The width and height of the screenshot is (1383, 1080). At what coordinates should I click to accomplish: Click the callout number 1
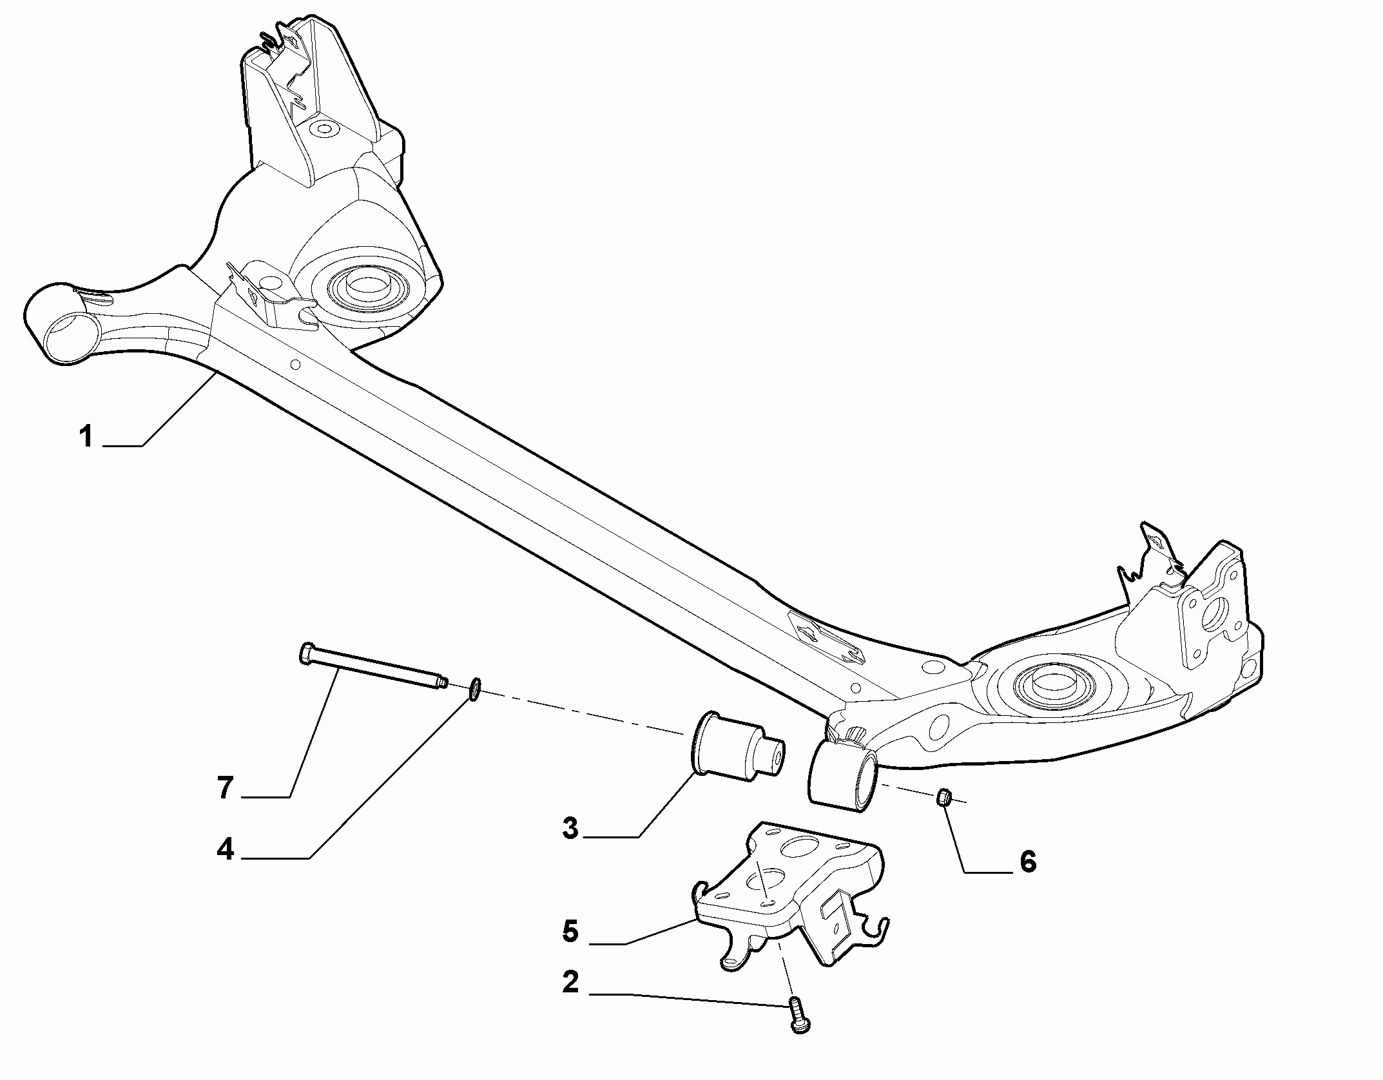pos(86,437)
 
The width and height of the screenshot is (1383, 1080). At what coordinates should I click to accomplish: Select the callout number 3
pos(571,828)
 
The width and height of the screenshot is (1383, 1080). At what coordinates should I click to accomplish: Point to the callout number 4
pos(225,849)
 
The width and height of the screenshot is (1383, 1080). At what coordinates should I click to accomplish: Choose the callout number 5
pos(571,931)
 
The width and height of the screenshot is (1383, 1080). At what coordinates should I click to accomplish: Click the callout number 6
pos(1027,861)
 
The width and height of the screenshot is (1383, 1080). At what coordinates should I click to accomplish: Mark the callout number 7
pos(225,787)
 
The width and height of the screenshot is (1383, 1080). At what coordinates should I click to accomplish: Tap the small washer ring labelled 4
pos(474,689)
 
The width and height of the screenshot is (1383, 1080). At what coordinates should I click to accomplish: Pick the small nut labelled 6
pos(943,797)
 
